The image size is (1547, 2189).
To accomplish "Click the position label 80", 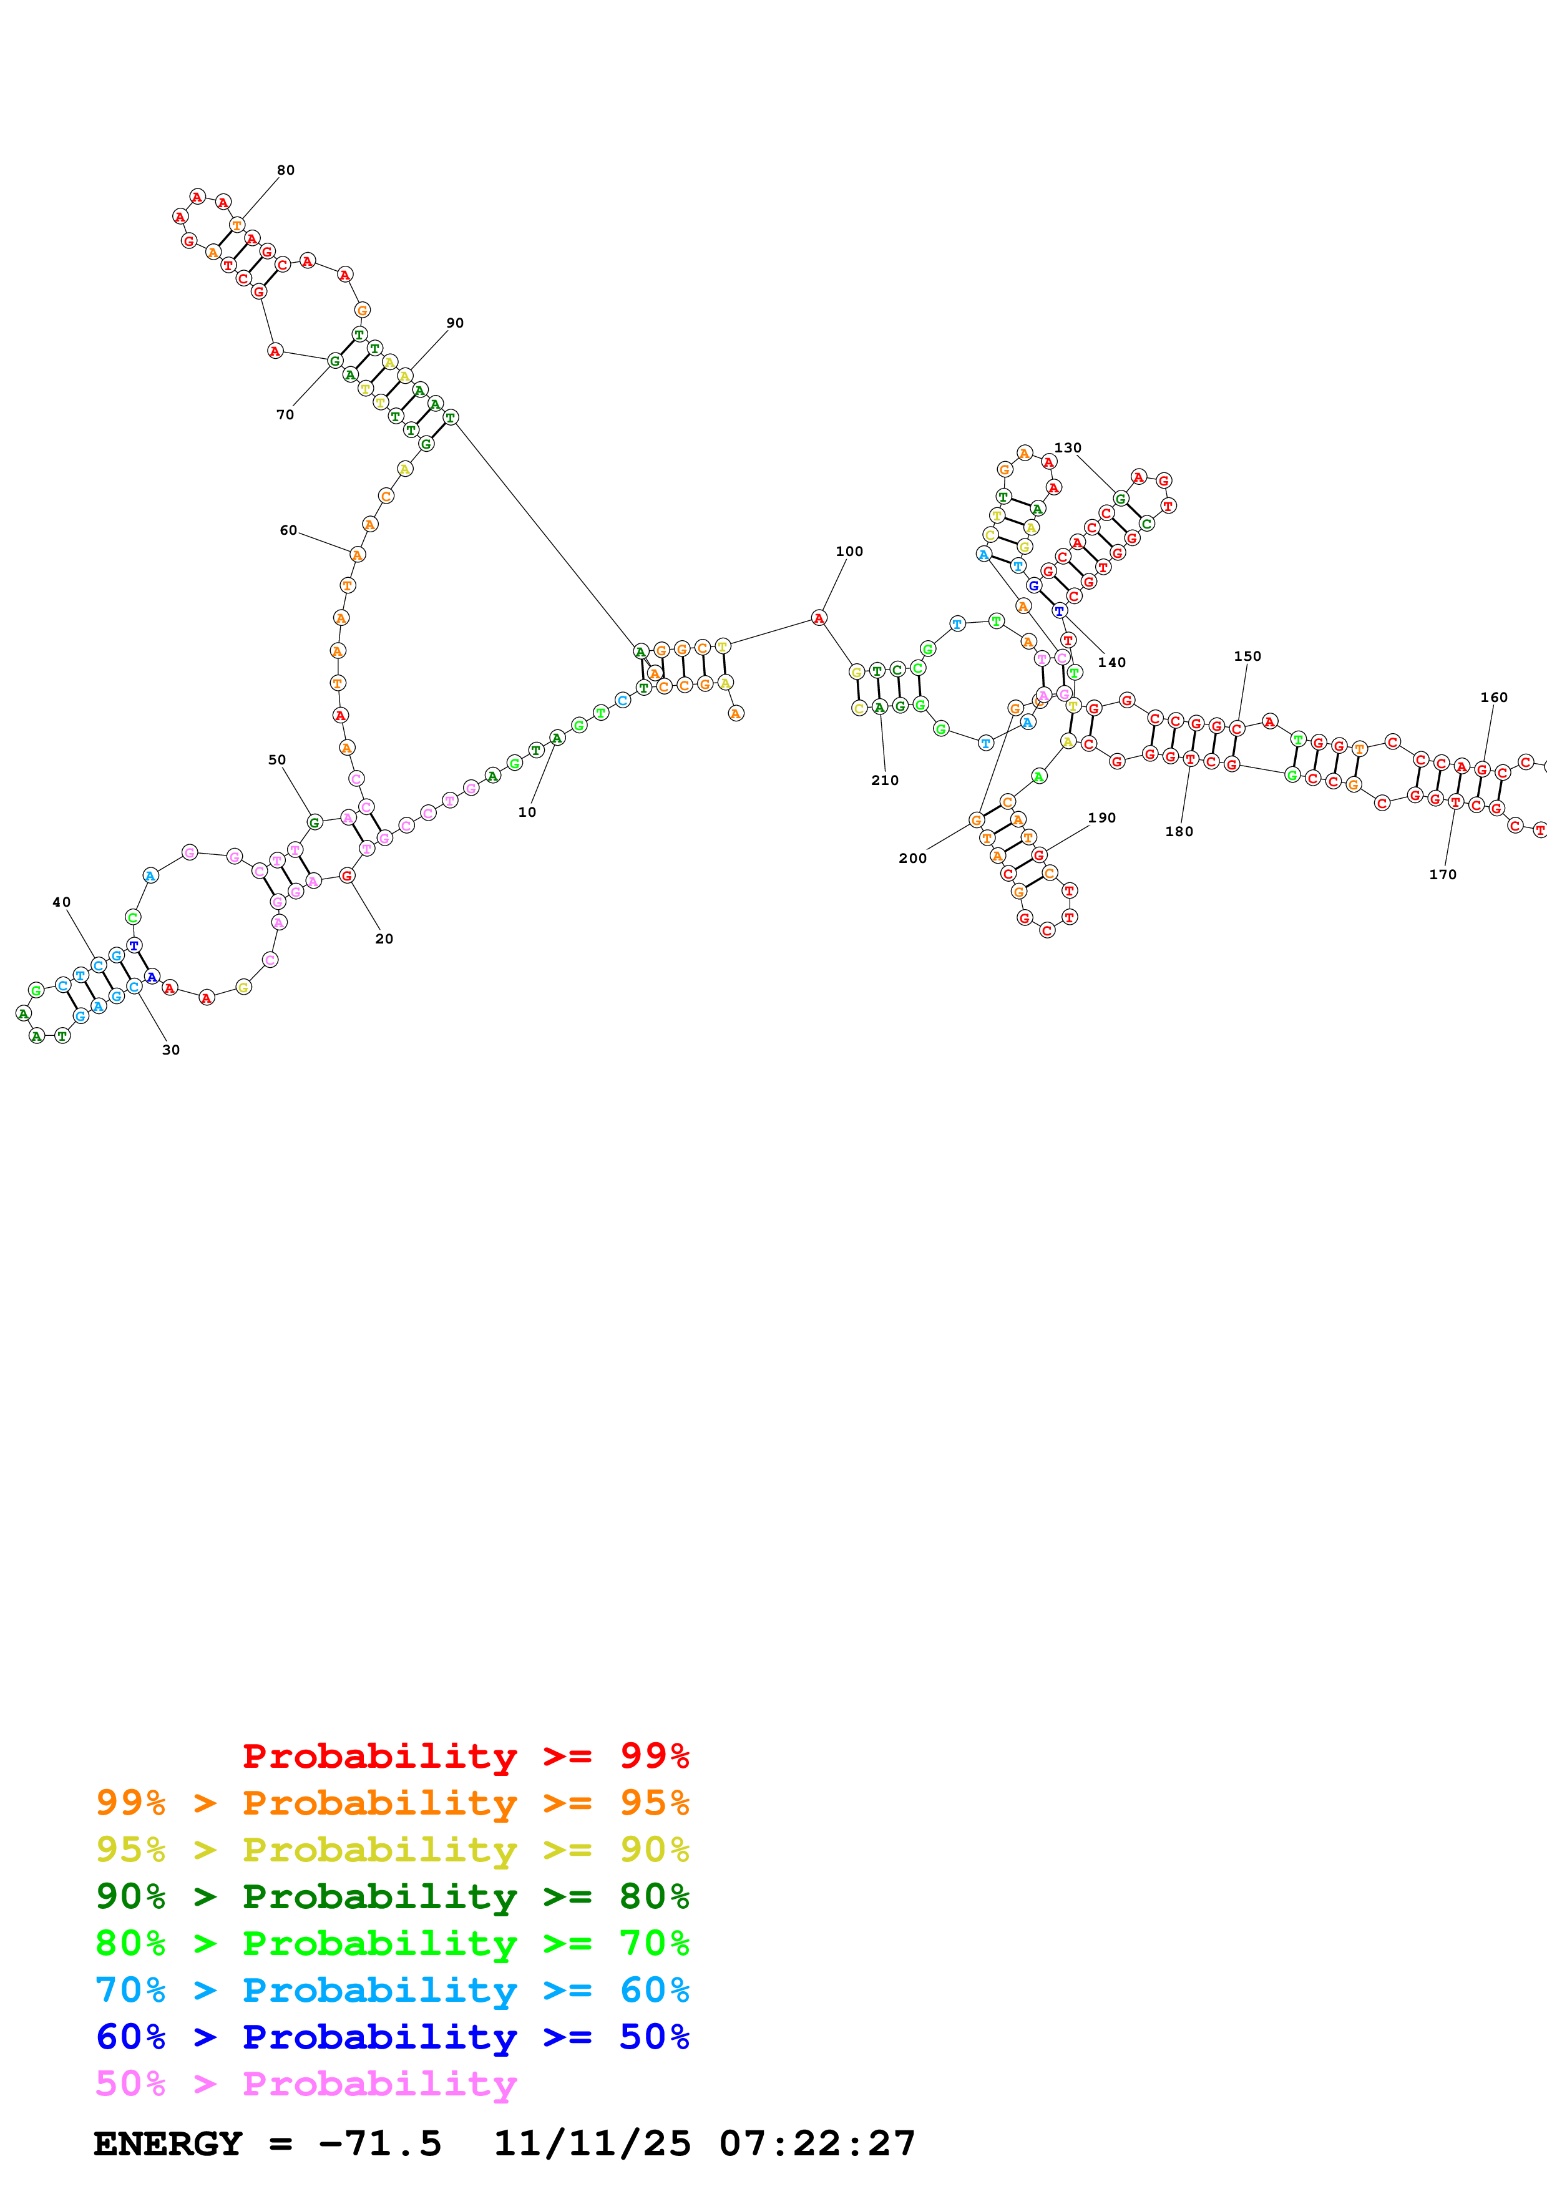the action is tap(285, 170).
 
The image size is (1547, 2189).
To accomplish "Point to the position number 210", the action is tap(884, 780).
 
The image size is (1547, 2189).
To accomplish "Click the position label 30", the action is tap(170, 1050).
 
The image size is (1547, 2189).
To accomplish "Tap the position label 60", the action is tap(288, 530).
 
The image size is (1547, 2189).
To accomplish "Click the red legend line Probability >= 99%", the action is tap(465, 1755).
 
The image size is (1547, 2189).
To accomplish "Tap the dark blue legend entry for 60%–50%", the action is tap(392, 2037).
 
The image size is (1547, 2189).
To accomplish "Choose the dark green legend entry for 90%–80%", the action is tap(392, 1896).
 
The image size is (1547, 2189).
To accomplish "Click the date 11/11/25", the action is tap(591, 2143).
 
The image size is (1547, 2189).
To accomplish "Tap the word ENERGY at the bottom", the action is tap(168, 2143).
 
